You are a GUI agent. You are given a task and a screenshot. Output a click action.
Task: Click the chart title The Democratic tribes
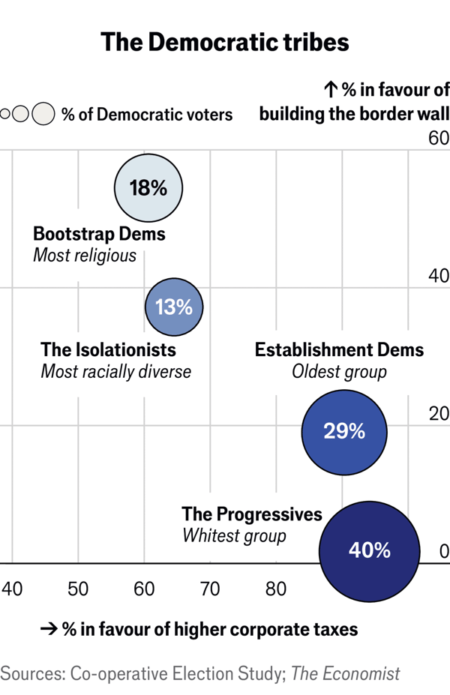[225, 41]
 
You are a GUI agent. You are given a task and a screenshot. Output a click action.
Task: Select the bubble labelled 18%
[148, 188]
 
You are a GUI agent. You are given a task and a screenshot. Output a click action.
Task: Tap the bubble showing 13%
[174, 307]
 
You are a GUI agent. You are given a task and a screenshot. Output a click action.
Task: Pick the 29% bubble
[344, 432]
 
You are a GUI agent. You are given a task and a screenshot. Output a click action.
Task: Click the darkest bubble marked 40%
[369, 550]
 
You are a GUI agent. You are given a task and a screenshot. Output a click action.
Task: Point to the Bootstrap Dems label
[99, 234]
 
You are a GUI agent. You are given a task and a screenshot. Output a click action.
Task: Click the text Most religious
[85, 256]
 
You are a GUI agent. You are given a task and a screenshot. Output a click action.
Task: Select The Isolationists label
[108, 349]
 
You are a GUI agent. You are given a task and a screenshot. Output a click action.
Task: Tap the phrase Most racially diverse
[115, 372]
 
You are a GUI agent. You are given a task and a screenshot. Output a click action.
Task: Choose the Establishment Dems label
[339, 349]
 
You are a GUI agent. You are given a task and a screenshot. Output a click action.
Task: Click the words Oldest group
[339, 372]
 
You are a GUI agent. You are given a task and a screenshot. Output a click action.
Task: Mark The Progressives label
[252, 514]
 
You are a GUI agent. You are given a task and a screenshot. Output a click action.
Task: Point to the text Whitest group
[234, 536]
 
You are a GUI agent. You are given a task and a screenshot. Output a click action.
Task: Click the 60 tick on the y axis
[438, 139]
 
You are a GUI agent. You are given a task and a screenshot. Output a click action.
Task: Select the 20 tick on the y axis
[438, 415]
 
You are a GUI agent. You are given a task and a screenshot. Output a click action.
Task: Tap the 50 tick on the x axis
[78, 589]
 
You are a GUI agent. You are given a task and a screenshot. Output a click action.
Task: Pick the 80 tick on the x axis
[276, 589]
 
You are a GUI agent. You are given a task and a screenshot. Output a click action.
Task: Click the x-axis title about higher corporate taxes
[199, 629]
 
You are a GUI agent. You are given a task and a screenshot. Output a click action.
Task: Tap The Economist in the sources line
[346, 674]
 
